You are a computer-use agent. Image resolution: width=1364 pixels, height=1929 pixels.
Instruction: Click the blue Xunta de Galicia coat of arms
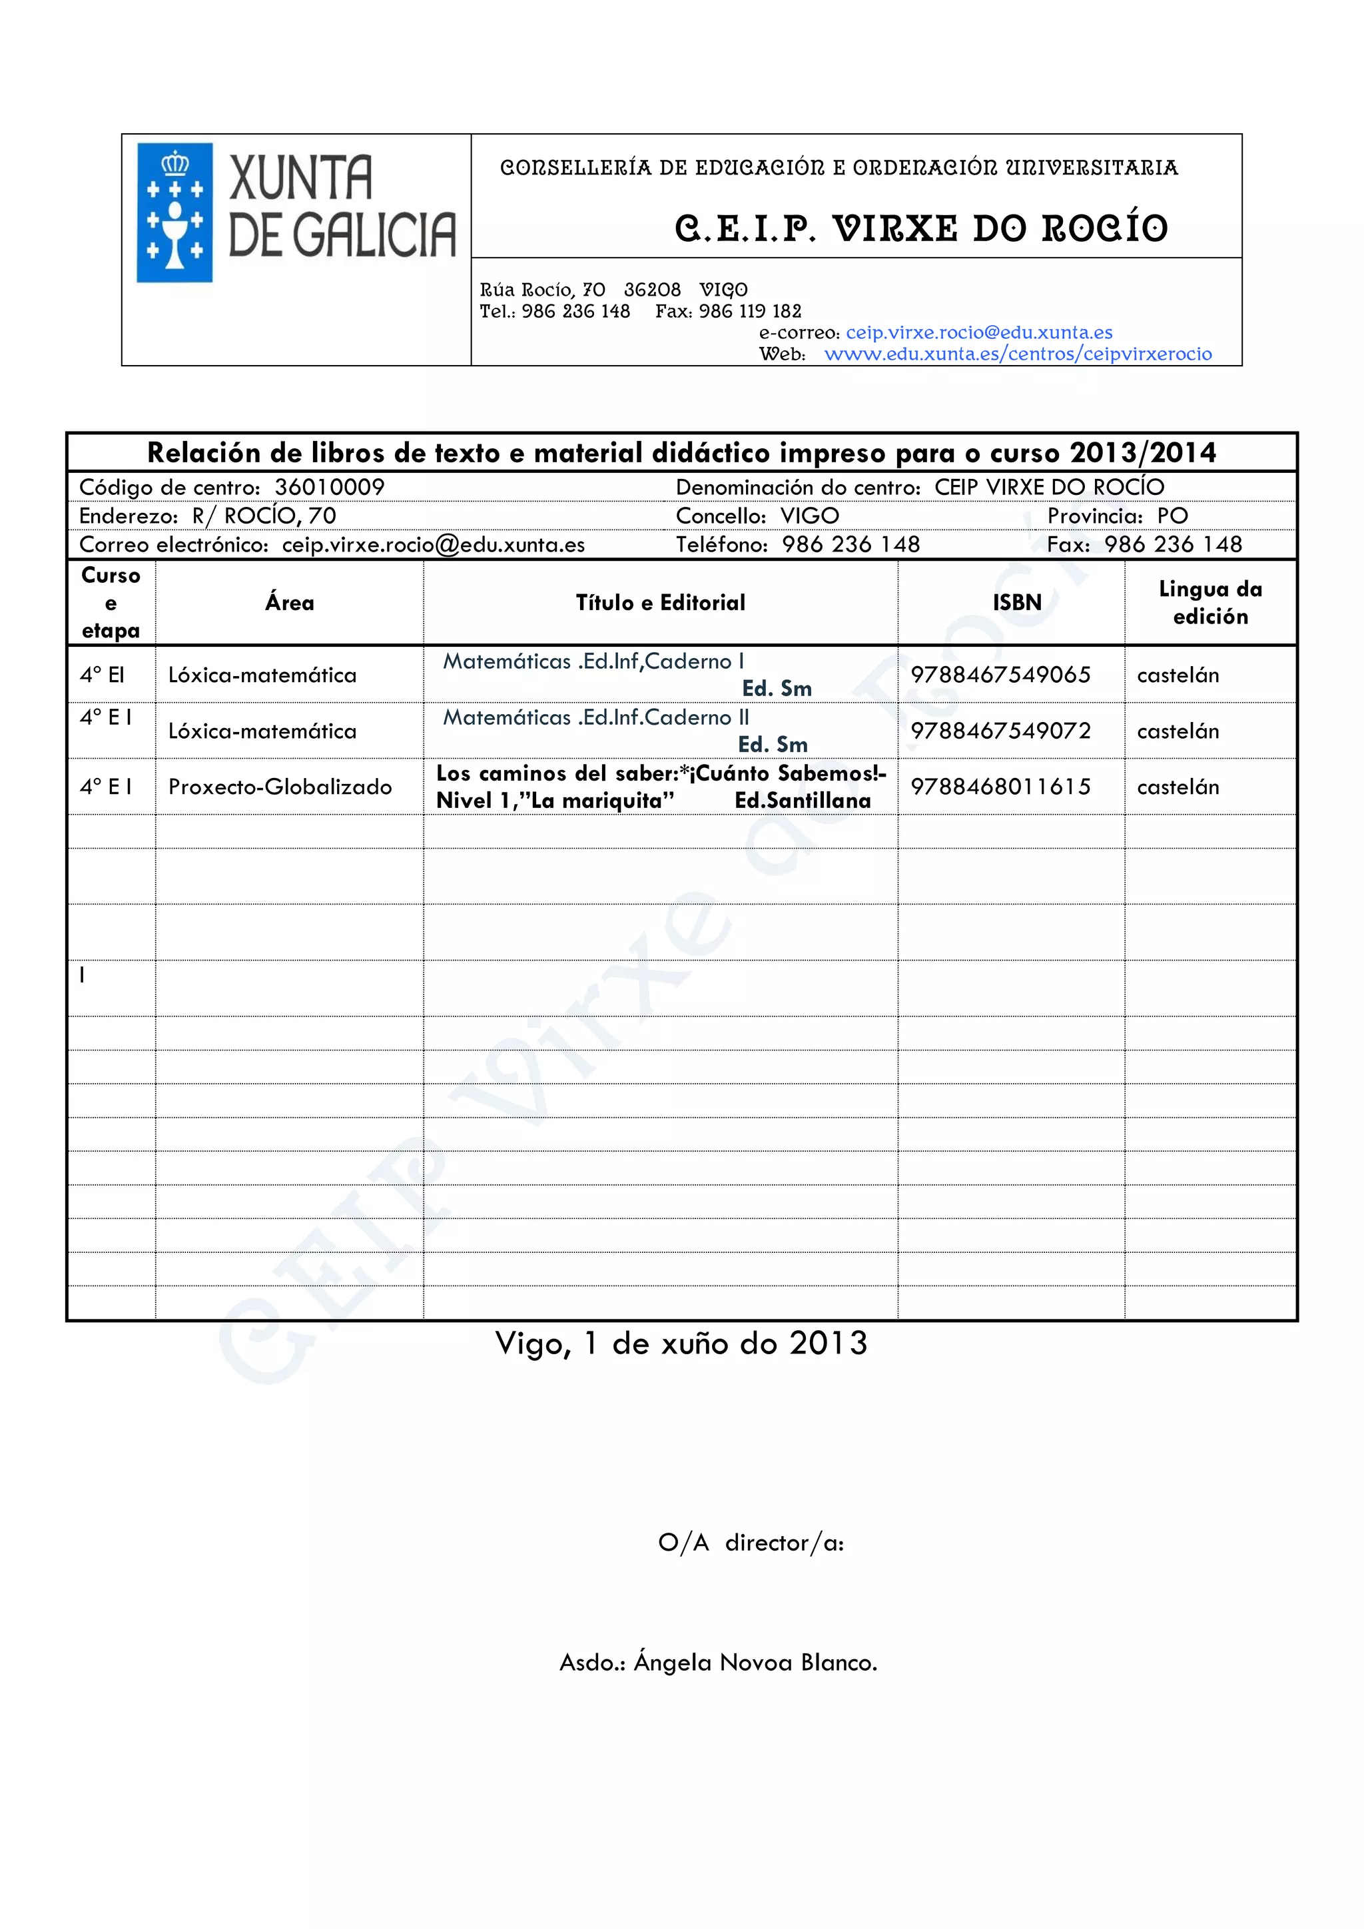click(x=174, y=212)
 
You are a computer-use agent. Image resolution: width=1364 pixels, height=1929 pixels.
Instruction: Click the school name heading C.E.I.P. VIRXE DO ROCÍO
click(x=920, y=228)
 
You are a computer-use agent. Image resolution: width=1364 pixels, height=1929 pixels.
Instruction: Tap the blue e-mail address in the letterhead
click(x=978, y=332)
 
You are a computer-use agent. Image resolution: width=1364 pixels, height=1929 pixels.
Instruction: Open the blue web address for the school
click(x=1018, y=354)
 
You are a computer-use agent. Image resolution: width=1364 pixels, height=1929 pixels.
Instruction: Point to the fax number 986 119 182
click(x=750, y=312)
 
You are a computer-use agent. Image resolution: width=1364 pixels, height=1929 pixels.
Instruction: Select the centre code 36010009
click(x=329, y=488)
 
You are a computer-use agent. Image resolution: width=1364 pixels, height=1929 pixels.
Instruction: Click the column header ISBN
click(x=1016, y=602)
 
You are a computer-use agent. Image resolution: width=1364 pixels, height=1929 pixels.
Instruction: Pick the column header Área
click(x=290, y=602)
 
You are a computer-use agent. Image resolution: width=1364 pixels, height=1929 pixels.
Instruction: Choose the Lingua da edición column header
click(x=1209, y=602)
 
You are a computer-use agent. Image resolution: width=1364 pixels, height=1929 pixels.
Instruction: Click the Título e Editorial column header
click(x=660, y=602)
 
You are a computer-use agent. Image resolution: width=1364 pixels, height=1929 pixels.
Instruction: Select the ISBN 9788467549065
click(x=1000, y=675)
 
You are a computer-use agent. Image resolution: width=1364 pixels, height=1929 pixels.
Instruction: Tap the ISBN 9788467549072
click(x=1000, y=731)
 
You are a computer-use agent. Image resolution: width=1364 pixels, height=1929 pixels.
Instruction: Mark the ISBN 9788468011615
click(x=1000, y=787)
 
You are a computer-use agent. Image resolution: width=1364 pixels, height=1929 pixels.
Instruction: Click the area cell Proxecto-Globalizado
click(x=280, y=787)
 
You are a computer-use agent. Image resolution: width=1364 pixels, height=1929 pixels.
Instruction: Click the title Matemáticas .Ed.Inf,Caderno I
click(x=593, y=661)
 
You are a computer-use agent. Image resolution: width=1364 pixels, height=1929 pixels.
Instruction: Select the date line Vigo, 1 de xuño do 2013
click(x=681, y=1344)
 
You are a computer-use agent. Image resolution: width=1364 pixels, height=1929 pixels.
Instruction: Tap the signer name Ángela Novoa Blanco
click(x=755, y=1663)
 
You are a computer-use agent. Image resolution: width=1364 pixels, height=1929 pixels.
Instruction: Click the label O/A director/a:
click(x=751, y=1543)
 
